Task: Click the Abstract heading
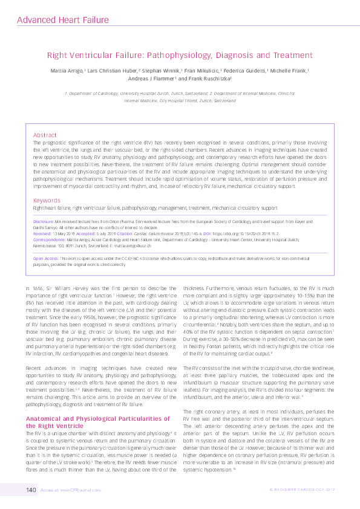click(x=44, y=135)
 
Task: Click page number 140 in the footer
click(x=31, y=488)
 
